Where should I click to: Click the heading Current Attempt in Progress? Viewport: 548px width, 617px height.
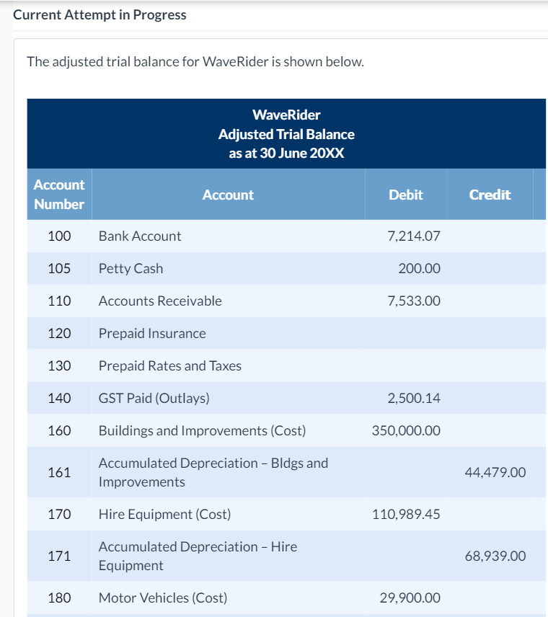click(x=100, y=15)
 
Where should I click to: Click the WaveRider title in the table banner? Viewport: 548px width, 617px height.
click(x=286, y=115)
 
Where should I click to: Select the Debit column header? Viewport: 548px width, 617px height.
click(x=405, y=195)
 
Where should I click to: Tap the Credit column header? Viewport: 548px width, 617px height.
click(x=490, y=195)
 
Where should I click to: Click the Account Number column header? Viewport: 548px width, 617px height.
click(x=59, y=195)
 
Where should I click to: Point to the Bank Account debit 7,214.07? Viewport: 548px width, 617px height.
click(x=413, y=236)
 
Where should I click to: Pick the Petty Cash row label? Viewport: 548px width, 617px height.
click(x=131, y=269)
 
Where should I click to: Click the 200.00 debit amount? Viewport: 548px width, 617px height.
click(x=419, y=269)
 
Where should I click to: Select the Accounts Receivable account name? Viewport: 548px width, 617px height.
click(x=160, y=301)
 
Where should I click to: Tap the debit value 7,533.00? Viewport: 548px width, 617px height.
click(x=413, y=301)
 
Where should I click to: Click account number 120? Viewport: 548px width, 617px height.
click(x=59, y=334)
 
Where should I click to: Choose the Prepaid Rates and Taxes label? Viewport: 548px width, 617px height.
click(x=169, y=366)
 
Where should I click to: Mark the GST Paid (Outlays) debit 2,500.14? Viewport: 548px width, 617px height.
click(x=413, y=399)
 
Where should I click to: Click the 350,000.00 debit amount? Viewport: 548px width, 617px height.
click(x=406, y=431)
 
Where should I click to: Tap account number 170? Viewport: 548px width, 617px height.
click(x=59, y=515)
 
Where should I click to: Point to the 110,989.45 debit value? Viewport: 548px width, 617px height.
click(x=406, y=515)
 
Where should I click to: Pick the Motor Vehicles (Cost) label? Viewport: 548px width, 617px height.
click(x=162, y=598)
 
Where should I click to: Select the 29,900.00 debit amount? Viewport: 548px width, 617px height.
click(x=410, y=598)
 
